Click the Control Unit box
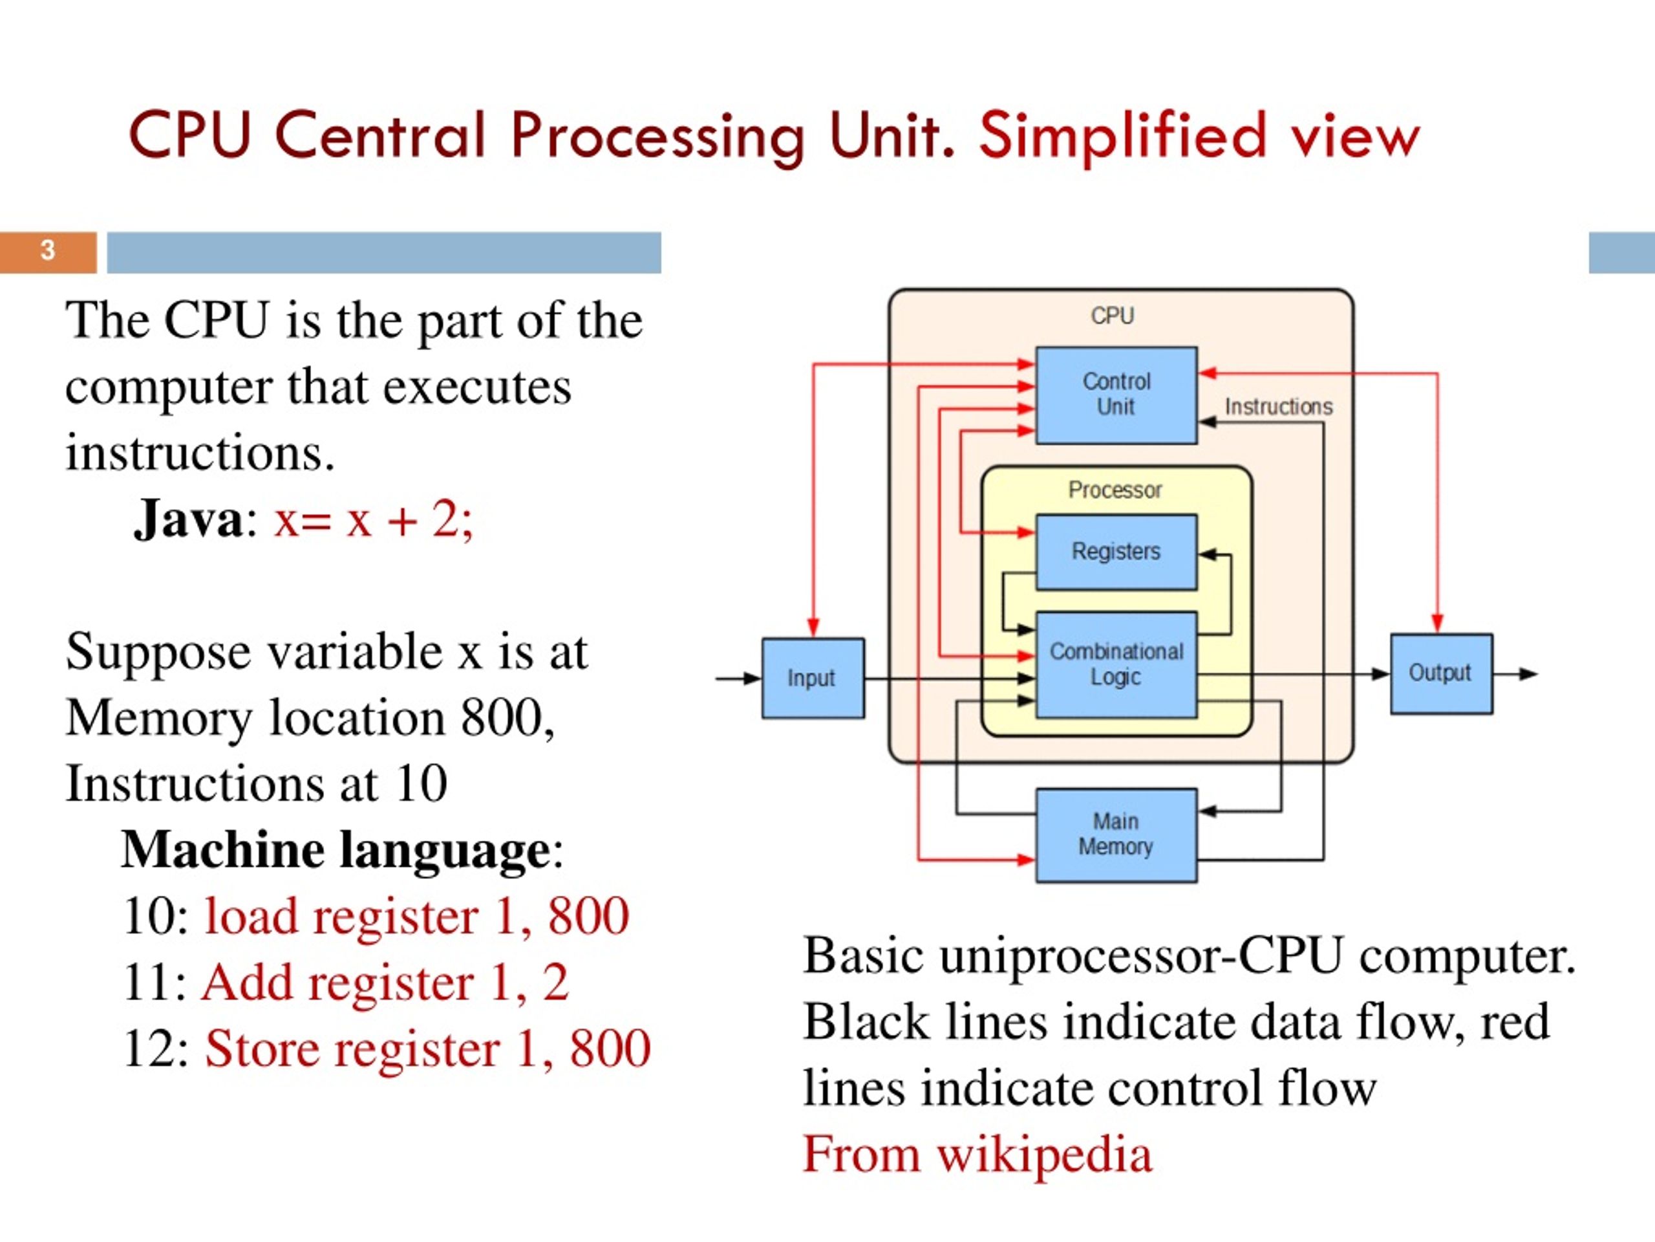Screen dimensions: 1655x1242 1116,395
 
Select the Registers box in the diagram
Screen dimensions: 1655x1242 1116,552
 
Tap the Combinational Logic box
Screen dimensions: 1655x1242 1116,665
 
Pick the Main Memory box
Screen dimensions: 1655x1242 1116,834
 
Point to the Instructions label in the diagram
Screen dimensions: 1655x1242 1279,406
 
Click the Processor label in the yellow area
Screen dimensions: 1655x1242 1115,490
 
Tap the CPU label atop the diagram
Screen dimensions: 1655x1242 1113,315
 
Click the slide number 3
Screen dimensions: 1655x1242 48,250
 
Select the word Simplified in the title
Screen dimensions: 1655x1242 1122,137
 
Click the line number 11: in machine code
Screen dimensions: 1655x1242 156,982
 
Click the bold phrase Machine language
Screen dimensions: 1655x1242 336,851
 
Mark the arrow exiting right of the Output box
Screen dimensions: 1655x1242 1515,674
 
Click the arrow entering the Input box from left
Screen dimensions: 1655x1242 738,679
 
